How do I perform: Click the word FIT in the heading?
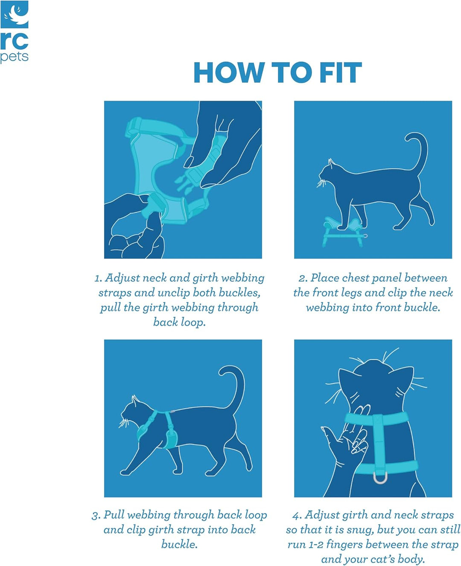pos(341,73)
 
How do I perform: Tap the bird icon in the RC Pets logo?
pos(15,15)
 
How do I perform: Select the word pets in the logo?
pos(14,57)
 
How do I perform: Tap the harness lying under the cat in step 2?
pos(343,230)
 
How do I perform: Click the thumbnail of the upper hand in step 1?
pos(189,162)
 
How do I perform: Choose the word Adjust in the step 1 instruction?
pos(122,279)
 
